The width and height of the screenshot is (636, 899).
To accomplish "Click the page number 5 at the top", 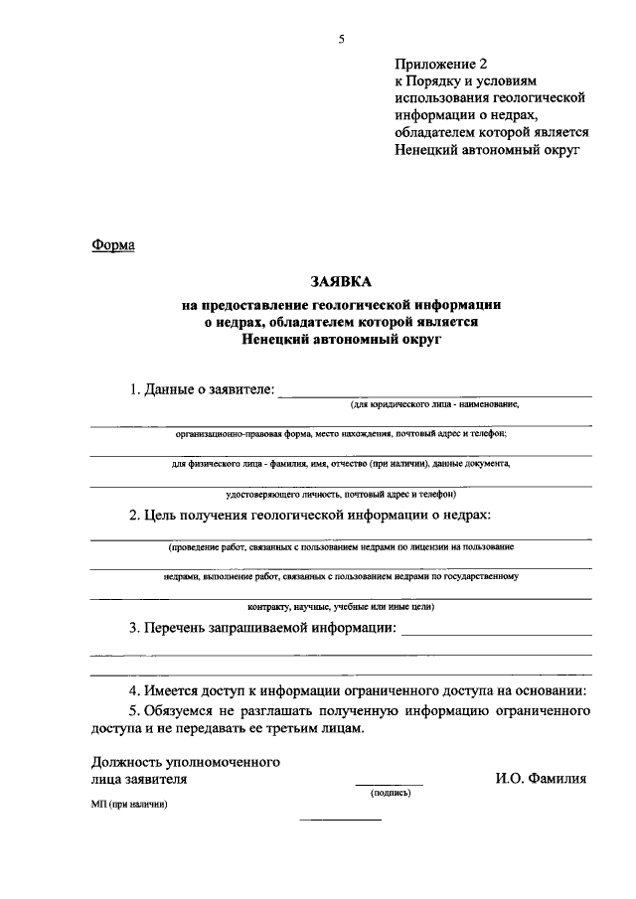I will [340, 40].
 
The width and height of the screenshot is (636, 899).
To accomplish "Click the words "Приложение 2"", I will [435, 66].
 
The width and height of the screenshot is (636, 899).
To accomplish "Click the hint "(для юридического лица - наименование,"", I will [433, 406].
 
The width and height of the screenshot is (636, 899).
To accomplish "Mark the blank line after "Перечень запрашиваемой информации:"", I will [497, 634].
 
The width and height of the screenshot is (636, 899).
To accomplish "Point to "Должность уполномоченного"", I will [183, 762].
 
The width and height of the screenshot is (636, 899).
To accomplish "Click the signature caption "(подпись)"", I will [390, 794].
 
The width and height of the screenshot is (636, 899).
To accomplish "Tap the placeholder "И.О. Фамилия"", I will [541, 780].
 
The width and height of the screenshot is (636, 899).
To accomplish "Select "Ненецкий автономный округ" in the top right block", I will [485, 150].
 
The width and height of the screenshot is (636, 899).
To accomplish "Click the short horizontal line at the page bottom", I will [340, 819].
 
